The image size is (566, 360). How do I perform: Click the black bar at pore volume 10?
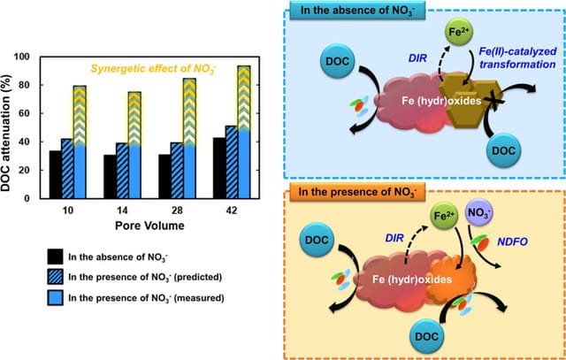(x=56, y=174)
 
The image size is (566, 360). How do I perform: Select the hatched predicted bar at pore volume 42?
(x=232, y=162)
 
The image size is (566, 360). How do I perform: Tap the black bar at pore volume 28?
(x=164, y=176)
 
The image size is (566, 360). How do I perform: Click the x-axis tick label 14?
(x=122, y=211)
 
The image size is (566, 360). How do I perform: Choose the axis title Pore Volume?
(x=149, y=226)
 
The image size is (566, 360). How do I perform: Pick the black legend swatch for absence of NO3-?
(x=55, y=257)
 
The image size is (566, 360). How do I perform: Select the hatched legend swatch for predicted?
(x=55, y=278)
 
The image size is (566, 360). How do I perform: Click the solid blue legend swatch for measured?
(x=55, y=298)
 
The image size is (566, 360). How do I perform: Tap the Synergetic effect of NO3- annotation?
(x=141, y=68)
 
